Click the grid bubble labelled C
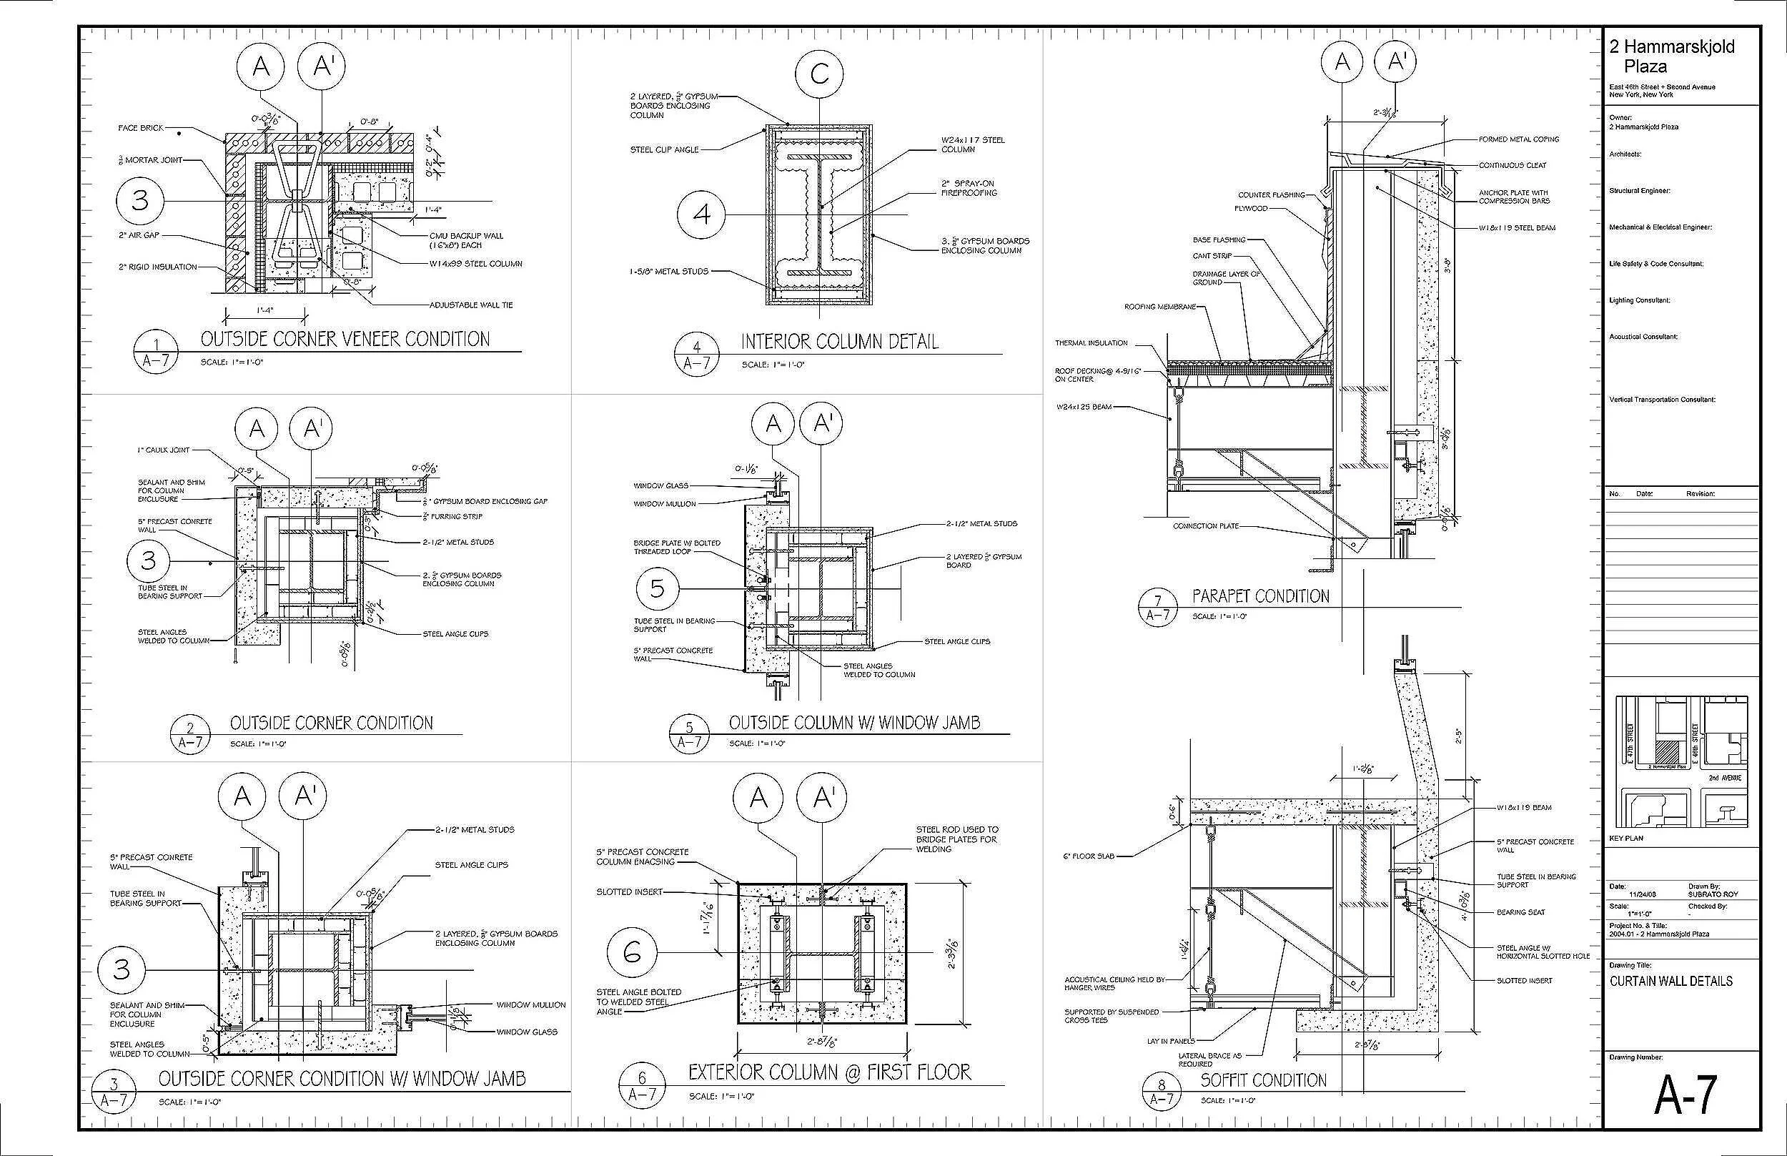pos(820,74)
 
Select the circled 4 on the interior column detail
pos(701,214)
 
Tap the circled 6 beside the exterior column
pos(632,952)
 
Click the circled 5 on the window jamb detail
pos(658,589)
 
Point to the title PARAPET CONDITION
pos(1260,597)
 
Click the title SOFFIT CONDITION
pos(1263,1080)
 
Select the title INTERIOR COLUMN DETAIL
pos(839,342)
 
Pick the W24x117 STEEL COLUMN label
pos(973,145)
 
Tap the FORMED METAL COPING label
pos(1518,139)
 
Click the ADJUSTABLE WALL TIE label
pos(470,305)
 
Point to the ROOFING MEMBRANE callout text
pos(1159,307)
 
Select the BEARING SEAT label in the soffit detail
pos(1520,912)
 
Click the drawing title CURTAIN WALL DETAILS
pos(1670,981)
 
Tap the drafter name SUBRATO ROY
pos(1713,894)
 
